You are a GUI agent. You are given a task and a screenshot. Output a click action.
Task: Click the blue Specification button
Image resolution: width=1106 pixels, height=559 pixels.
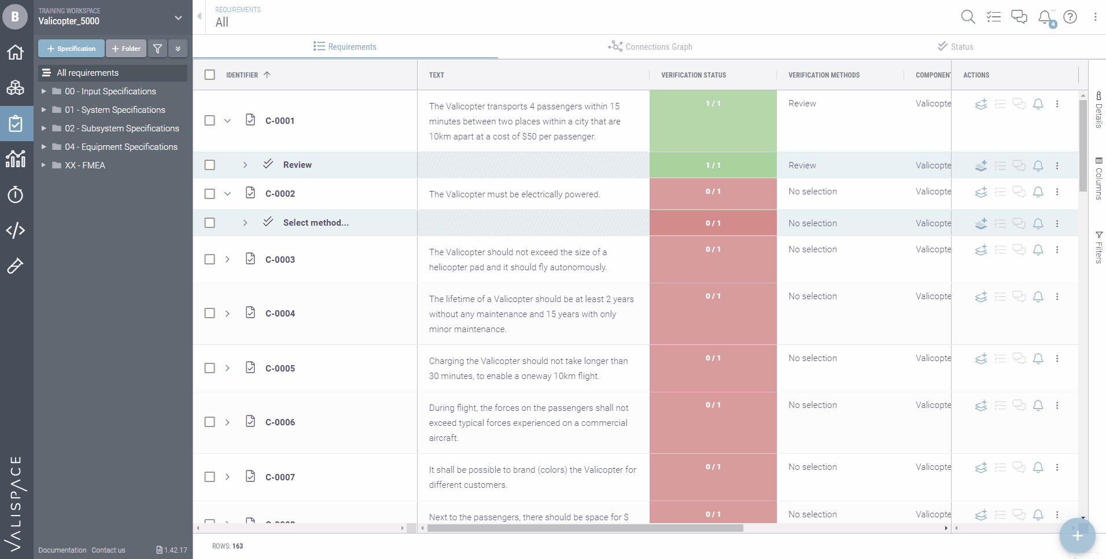pos(71,49)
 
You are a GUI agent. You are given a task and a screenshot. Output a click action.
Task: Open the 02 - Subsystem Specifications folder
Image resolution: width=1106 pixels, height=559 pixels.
pos(121,128)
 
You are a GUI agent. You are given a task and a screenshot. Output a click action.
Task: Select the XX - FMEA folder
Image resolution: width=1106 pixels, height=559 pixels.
pos(84,166)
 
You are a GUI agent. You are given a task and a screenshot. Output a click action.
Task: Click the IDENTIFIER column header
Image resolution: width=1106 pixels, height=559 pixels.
pos(242,75)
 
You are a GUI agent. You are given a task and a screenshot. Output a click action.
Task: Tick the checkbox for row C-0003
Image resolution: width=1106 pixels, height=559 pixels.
pos(210,259)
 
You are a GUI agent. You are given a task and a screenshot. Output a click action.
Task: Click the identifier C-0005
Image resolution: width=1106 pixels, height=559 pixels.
pos(280,369)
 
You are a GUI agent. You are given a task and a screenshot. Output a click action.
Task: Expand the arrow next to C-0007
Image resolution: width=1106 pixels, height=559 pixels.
pos(227,477)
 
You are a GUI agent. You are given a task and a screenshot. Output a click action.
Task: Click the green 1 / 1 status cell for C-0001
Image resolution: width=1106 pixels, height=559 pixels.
pos(713,120)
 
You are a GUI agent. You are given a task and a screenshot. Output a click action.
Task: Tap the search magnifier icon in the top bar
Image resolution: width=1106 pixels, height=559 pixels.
pos(968,17)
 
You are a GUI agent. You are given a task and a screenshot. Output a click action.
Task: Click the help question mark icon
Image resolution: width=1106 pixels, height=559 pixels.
pos(1070,17)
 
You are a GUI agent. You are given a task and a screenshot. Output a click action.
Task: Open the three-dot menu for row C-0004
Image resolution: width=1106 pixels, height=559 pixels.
pos(1057,297)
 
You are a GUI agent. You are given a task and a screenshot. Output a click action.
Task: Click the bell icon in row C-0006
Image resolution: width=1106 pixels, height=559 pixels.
pos(1038,406)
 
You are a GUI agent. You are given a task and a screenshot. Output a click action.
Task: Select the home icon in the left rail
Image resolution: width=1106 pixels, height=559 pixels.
pos(16,53)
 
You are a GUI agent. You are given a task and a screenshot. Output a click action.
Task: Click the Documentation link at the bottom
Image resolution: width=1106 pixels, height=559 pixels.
pos(62,550)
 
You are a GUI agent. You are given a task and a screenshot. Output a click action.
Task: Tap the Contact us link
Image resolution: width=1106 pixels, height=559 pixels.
pos(108,550)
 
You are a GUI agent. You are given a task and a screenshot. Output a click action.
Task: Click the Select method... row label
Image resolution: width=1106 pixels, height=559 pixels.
pos(316,223)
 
